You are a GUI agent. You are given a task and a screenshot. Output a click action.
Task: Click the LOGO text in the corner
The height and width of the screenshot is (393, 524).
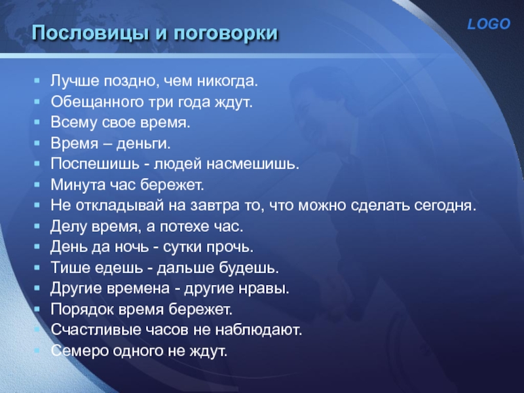[488, 24]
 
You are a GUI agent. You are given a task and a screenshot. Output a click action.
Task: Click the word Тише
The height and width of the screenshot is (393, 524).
[66, 268]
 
